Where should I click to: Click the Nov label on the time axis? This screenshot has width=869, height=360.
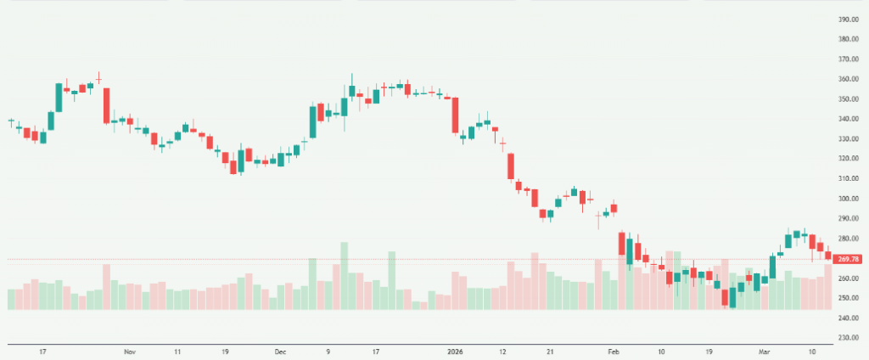point(129,351)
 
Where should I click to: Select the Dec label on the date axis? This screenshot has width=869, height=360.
point(281,351)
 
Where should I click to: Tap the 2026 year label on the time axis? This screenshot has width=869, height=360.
point(455,351)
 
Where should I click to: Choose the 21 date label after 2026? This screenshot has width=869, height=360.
point(550,351)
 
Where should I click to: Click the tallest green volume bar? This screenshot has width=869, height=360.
point(345,276)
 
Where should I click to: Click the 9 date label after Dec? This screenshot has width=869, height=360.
point(328,351)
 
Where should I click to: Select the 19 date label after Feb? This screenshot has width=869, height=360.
point(709,351)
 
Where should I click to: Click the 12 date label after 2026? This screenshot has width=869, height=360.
point(502,351)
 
